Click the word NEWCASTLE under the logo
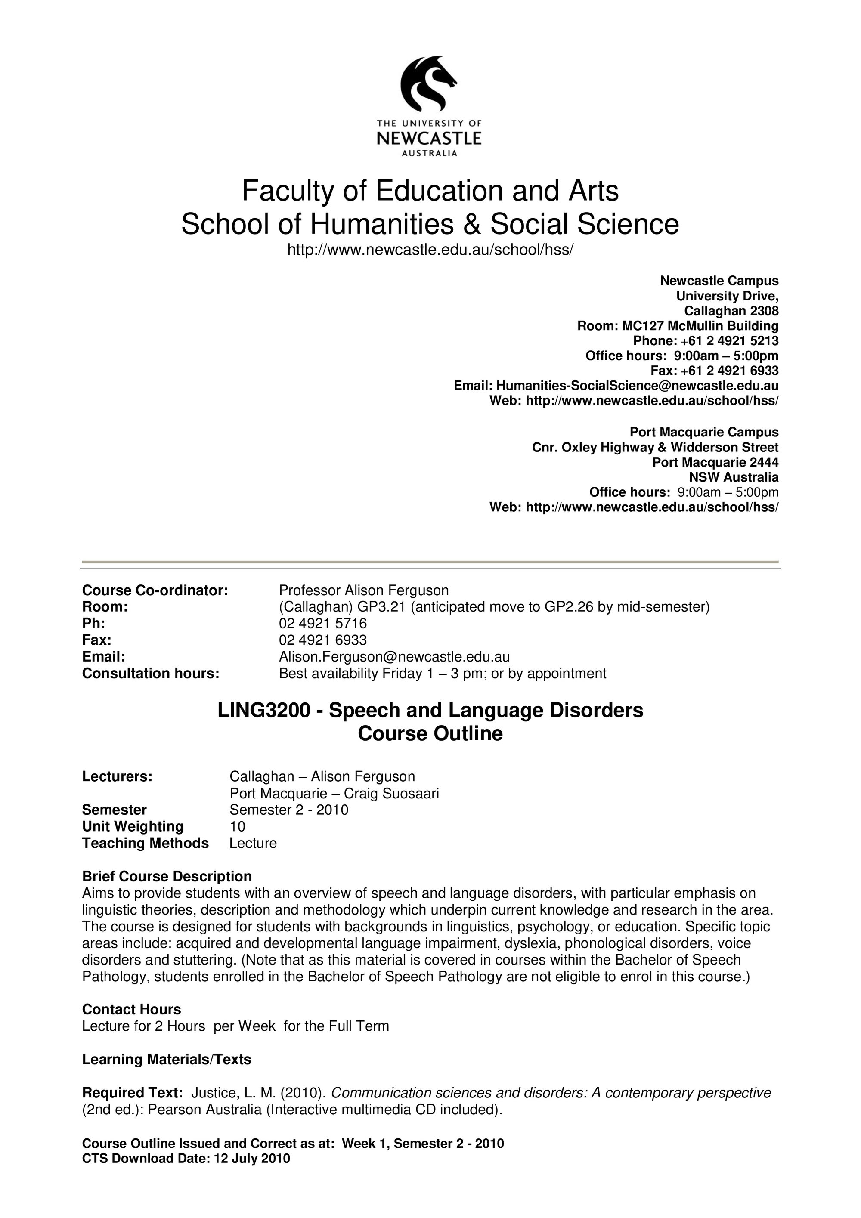click(x=429, y=139)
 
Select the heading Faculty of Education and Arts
click(x=430, y=191)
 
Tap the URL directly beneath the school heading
click(x=430, y=249)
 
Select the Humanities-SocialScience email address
click(x=637, y=386)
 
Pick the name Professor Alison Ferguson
click(x=363, y=590)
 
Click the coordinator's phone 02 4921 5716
click(x=322, y=623)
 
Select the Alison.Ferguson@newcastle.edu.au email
click(x=394, y=657)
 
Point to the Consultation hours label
click(x=151, y=673)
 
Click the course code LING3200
click(x=263, y=710)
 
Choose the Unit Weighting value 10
click(x=237, y=826)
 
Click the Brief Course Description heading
click(x=167, y=876)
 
